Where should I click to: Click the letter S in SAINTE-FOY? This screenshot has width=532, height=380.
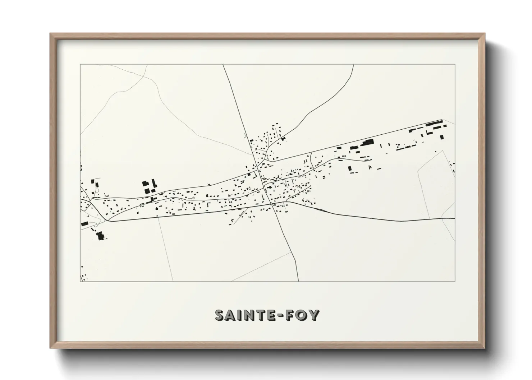coord(220,315)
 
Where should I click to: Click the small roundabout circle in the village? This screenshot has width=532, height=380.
coord(271,204)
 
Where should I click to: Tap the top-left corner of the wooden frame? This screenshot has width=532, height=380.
coord(51,34)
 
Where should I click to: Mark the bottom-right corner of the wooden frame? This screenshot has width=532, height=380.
coord(485,348)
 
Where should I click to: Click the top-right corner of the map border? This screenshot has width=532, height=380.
coord(455,65)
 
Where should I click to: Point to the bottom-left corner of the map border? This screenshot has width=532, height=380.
coord(80,281)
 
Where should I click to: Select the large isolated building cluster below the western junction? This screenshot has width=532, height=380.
coord(100,236)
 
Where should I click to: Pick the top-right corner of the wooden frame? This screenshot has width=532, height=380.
coord(485,34)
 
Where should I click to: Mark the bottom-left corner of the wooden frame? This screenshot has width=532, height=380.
coord(51,348)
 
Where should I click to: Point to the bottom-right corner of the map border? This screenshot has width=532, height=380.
coord(455,281)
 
